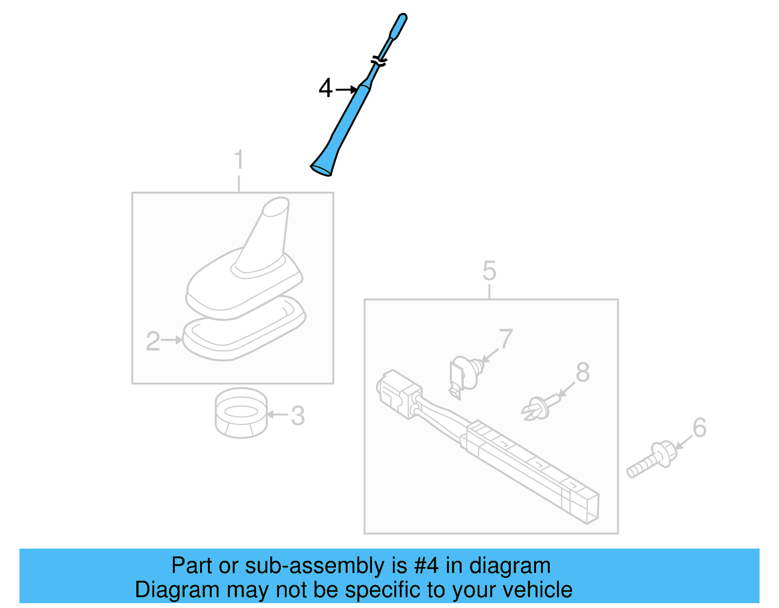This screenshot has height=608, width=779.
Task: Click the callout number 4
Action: click(x=325, y=89)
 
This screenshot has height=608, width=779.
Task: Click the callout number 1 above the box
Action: click(x=239, y=160)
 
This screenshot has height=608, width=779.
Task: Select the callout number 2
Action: click(x=153, y=341)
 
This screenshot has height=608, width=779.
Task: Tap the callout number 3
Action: click(x=297, y=416)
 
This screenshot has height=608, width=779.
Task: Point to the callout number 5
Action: click(x=489, y=271)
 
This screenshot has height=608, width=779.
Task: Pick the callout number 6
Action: click(x=700, y=428)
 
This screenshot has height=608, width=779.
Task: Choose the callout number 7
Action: click(x=506, y=339)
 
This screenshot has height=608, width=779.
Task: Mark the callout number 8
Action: click(x=582, y=373)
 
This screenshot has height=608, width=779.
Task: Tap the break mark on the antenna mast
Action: click(x=379, y=61)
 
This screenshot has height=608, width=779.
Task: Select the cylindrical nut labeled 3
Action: click(x=241, y=413)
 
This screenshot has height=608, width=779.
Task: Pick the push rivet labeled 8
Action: click(x=538, y=408)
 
